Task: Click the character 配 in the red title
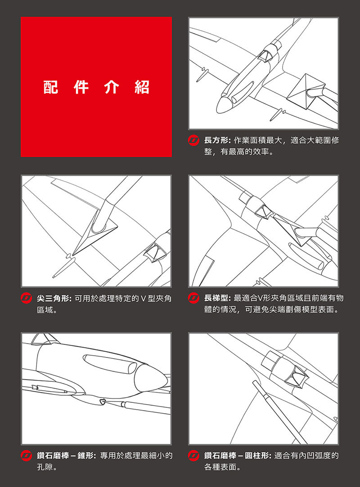point(51,87)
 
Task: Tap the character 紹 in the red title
point(142,87)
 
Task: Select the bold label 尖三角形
point(54,299)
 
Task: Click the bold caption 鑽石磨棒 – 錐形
point(66,456)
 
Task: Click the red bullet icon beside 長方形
point(193,140)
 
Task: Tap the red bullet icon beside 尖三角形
point(26,298)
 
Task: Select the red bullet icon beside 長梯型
point(193,298)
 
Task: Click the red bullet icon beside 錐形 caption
point(26,456)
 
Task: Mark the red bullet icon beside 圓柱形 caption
point(193,456)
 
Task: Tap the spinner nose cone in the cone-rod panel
point(151,377)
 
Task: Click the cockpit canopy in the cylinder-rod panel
point(297,376)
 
